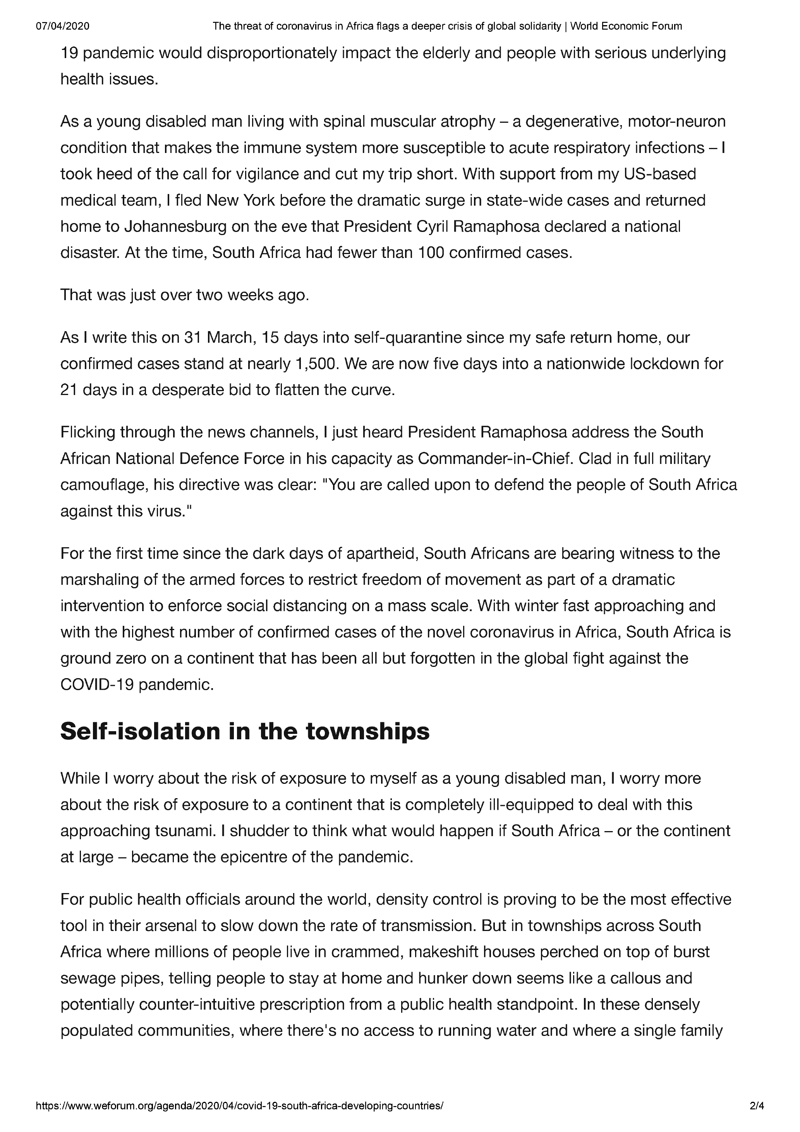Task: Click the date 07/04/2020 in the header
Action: [63, 26]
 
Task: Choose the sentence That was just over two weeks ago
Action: [185, 295]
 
